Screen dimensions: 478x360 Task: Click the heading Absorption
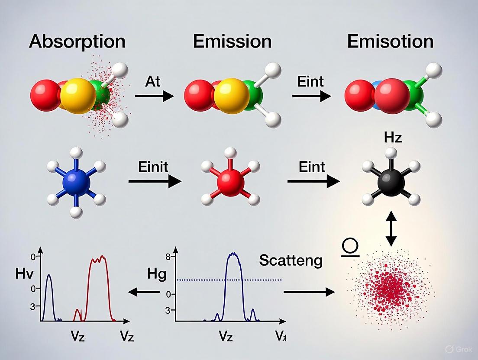pos(77,42)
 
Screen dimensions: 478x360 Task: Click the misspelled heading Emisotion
pos(390,42)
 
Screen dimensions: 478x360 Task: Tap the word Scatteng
pos(291,260)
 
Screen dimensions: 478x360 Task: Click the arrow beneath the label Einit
pos(154,182)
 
